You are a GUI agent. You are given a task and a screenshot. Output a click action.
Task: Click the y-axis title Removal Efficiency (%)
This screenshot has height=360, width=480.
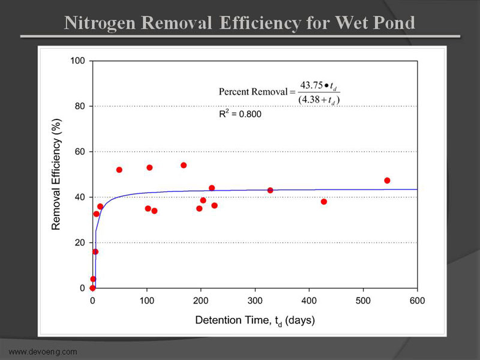pos(57,175)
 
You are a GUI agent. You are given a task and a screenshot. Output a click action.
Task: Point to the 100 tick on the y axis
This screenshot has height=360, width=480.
pos(77,61)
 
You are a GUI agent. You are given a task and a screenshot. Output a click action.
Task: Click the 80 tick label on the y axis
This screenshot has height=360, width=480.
pos(80,106)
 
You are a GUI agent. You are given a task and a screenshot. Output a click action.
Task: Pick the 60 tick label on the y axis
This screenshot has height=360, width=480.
pos(80,152)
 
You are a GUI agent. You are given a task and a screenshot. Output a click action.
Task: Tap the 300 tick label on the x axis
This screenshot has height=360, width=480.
pos(255,300)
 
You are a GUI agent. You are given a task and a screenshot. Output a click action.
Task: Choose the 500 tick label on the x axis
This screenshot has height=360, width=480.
pos(363,300)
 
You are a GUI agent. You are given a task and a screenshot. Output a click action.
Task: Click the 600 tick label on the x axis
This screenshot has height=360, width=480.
pos(417,300)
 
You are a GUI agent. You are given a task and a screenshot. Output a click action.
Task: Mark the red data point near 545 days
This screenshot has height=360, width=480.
pos(387,181)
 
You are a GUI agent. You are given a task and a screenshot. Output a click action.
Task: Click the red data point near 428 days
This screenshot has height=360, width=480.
pos(324,202)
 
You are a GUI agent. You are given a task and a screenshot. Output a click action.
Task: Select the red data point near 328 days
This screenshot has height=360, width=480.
pos(270,190)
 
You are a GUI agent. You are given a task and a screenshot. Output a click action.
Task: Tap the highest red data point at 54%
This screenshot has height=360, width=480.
pos(184,166)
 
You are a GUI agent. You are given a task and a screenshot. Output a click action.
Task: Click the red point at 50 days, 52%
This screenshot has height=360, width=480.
pos(119,170)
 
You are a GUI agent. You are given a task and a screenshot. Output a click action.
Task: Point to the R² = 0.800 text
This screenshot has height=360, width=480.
pos(239,113)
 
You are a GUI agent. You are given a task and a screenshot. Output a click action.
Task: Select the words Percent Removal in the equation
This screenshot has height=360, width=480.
pos(253,92)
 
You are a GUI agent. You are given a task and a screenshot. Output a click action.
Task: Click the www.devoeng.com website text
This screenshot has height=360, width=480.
pos(43,351)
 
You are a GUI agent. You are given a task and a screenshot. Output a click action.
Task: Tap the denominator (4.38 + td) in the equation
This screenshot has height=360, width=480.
pos(319,100)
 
